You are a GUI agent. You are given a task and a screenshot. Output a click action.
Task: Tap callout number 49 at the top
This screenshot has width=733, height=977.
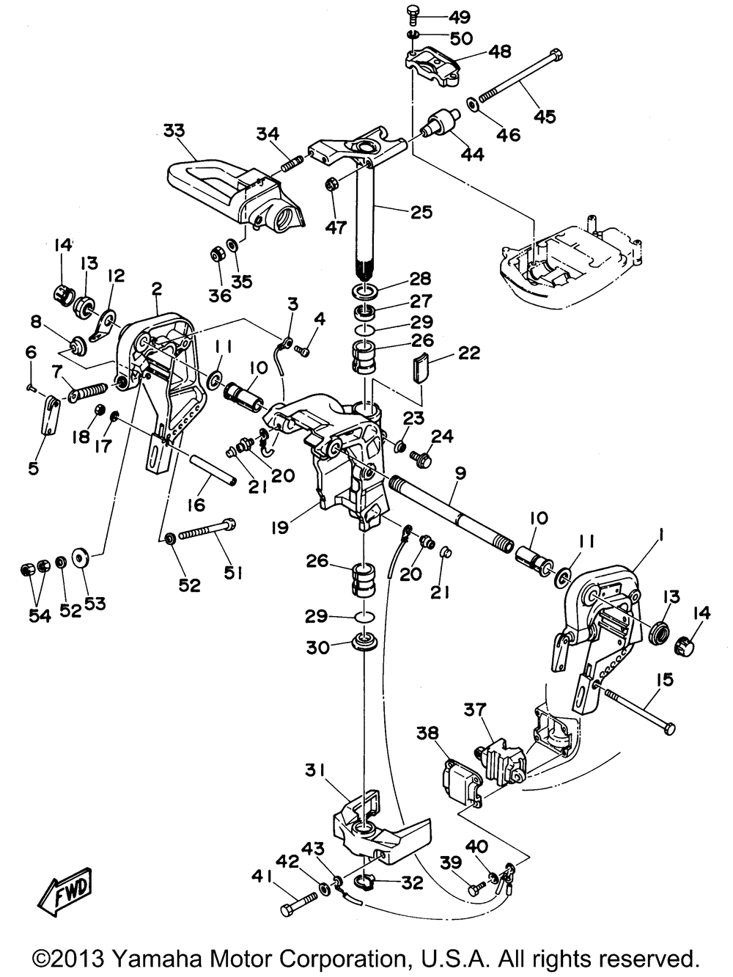click(x=460, y=18)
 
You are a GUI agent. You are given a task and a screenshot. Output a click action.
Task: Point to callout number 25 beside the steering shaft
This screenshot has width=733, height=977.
click(x=421, y=211)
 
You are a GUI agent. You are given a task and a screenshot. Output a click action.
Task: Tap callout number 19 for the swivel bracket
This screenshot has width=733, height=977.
click(x=281, y=527)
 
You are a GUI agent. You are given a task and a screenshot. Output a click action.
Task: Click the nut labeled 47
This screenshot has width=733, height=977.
click(x=332, y=183)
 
